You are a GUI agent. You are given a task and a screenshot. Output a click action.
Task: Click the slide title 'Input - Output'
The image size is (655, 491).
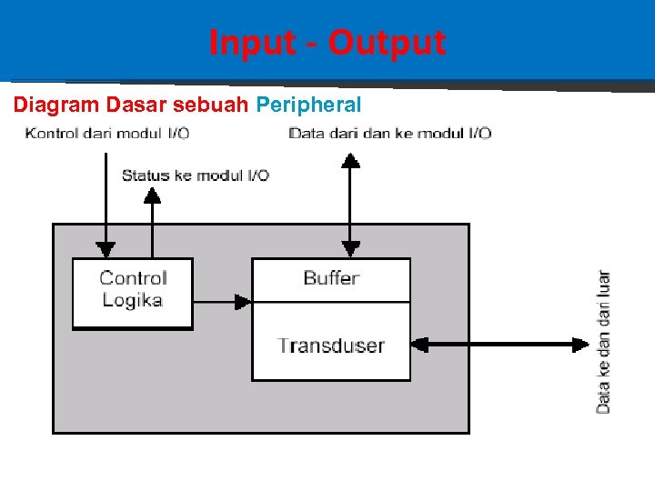pos(327,43)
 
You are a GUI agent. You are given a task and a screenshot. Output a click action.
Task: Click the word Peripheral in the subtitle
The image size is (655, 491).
pos(308,105)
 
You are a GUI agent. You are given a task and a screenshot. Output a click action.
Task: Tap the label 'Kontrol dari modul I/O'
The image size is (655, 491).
pos(107,134)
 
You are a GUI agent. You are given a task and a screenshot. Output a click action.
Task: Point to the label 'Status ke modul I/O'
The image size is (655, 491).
pos(196,175)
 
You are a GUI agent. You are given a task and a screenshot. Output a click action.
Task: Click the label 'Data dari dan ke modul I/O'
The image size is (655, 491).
pos(389,134)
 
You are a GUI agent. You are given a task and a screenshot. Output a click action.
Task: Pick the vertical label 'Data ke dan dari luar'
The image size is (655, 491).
pos(603,342)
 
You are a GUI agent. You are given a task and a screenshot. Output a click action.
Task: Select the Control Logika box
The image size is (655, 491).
pos(133,292)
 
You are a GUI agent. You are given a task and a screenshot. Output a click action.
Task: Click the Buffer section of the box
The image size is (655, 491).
pos(331,279)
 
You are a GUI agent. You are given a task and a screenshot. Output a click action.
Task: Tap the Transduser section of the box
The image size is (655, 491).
pos(331,346)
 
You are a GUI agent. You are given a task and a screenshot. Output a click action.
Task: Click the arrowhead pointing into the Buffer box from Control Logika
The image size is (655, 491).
pos(243,301)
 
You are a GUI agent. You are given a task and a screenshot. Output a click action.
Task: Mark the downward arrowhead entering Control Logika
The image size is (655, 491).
pos(106,249)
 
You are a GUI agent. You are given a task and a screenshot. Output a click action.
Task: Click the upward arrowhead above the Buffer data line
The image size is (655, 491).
pos(350,161)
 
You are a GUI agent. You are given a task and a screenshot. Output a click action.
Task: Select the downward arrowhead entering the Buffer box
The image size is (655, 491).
pos(350,249)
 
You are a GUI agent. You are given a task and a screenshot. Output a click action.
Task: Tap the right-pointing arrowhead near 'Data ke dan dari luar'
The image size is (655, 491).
pos(580,345)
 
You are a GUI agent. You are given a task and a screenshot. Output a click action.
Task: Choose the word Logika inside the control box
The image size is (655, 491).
pos(133,301)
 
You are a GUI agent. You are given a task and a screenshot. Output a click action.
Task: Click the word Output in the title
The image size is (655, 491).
pos(387,43)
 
